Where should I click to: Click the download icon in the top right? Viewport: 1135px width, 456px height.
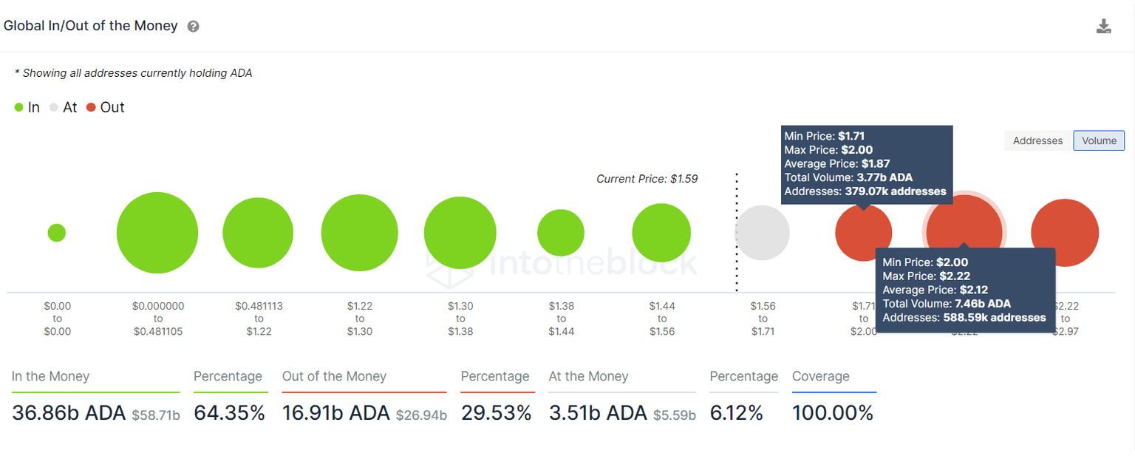1103,27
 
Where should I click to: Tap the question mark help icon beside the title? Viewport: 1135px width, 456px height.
193,27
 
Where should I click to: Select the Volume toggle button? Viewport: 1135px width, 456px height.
1099,140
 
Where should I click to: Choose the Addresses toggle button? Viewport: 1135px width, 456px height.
1037,140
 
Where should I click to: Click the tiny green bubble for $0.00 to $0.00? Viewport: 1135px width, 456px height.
57,233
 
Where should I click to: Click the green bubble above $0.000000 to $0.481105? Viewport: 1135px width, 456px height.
157,233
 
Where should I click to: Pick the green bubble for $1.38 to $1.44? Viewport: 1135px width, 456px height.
561,233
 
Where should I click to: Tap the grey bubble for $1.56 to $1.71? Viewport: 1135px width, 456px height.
762,233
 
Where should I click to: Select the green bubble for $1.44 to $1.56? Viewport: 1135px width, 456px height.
661,233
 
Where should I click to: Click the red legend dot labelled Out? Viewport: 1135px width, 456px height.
92,107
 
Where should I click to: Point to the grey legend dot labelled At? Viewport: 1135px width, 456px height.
54,107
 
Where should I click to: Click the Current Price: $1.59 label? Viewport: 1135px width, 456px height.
647,179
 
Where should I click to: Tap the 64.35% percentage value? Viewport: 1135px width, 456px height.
229,413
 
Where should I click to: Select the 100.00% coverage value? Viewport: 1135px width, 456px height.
833,413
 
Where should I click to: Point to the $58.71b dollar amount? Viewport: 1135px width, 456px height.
156,415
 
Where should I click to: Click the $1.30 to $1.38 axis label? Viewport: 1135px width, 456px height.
460,319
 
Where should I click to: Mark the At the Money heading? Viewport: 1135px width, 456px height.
588,376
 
